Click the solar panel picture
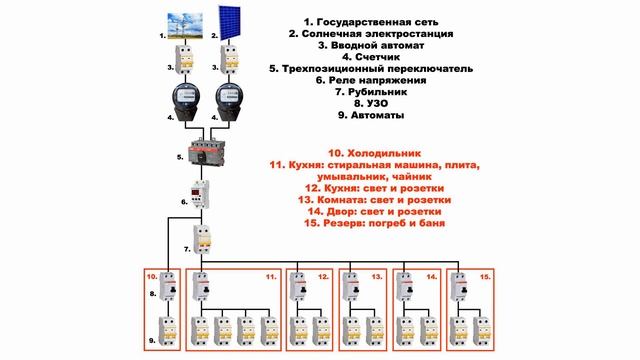[229, 23]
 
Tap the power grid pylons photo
[185, 26]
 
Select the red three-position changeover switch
[206, 153]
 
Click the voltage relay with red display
[200, 194]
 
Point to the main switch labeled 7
[202, 239]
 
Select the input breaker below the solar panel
[229, 60]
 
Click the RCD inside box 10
[167, 287]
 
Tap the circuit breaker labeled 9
[167, 331]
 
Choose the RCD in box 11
[201, 287]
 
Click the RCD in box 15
[459, 287]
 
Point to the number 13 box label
[377, 277]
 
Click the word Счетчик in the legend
[377, 57]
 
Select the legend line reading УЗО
[371, 104]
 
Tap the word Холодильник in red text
[384, 153]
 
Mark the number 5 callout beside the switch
[180, 157]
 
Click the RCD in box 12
[298, 287]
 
